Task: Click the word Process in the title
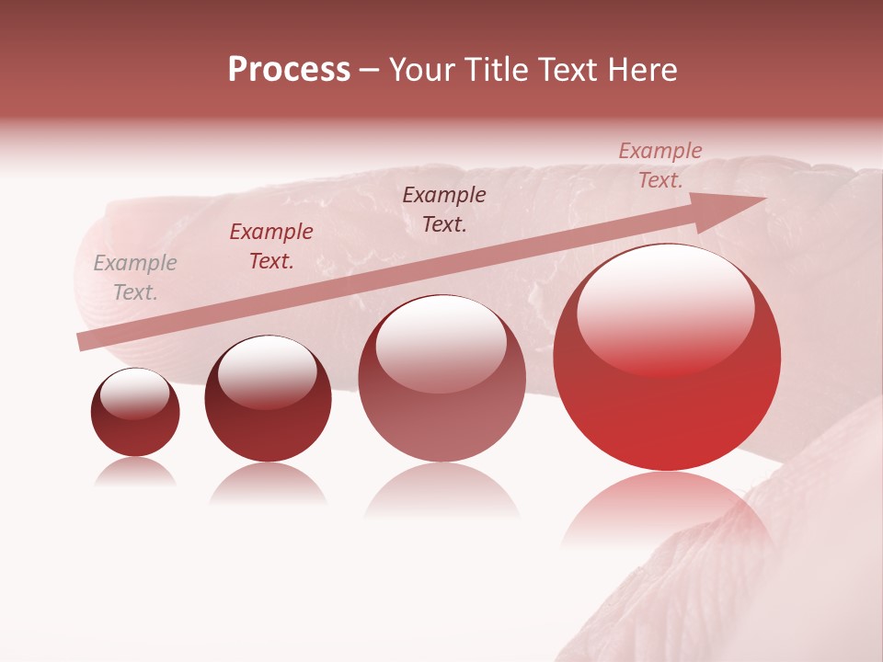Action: pos(289,71)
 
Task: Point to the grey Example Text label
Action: pos(135,278)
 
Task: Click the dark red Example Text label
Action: pos(271,246)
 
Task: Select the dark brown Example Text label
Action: pos(444,209)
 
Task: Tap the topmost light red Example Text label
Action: pos(659,165)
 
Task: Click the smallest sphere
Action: pos(135,413)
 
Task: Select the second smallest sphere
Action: pos(268,399)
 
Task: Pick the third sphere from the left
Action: pos(441,378)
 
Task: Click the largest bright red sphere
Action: pos(667,359)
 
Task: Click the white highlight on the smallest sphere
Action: pos(135,394)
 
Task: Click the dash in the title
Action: pos(370,71)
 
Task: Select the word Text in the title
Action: pos(569,71)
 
